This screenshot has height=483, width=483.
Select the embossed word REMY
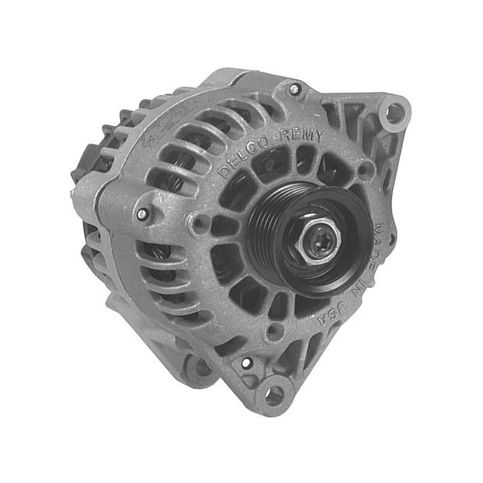pos(301,135)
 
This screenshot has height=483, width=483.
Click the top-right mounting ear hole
pos(394,113)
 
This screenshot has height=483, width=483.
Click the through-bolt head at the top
pos(295,89)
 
